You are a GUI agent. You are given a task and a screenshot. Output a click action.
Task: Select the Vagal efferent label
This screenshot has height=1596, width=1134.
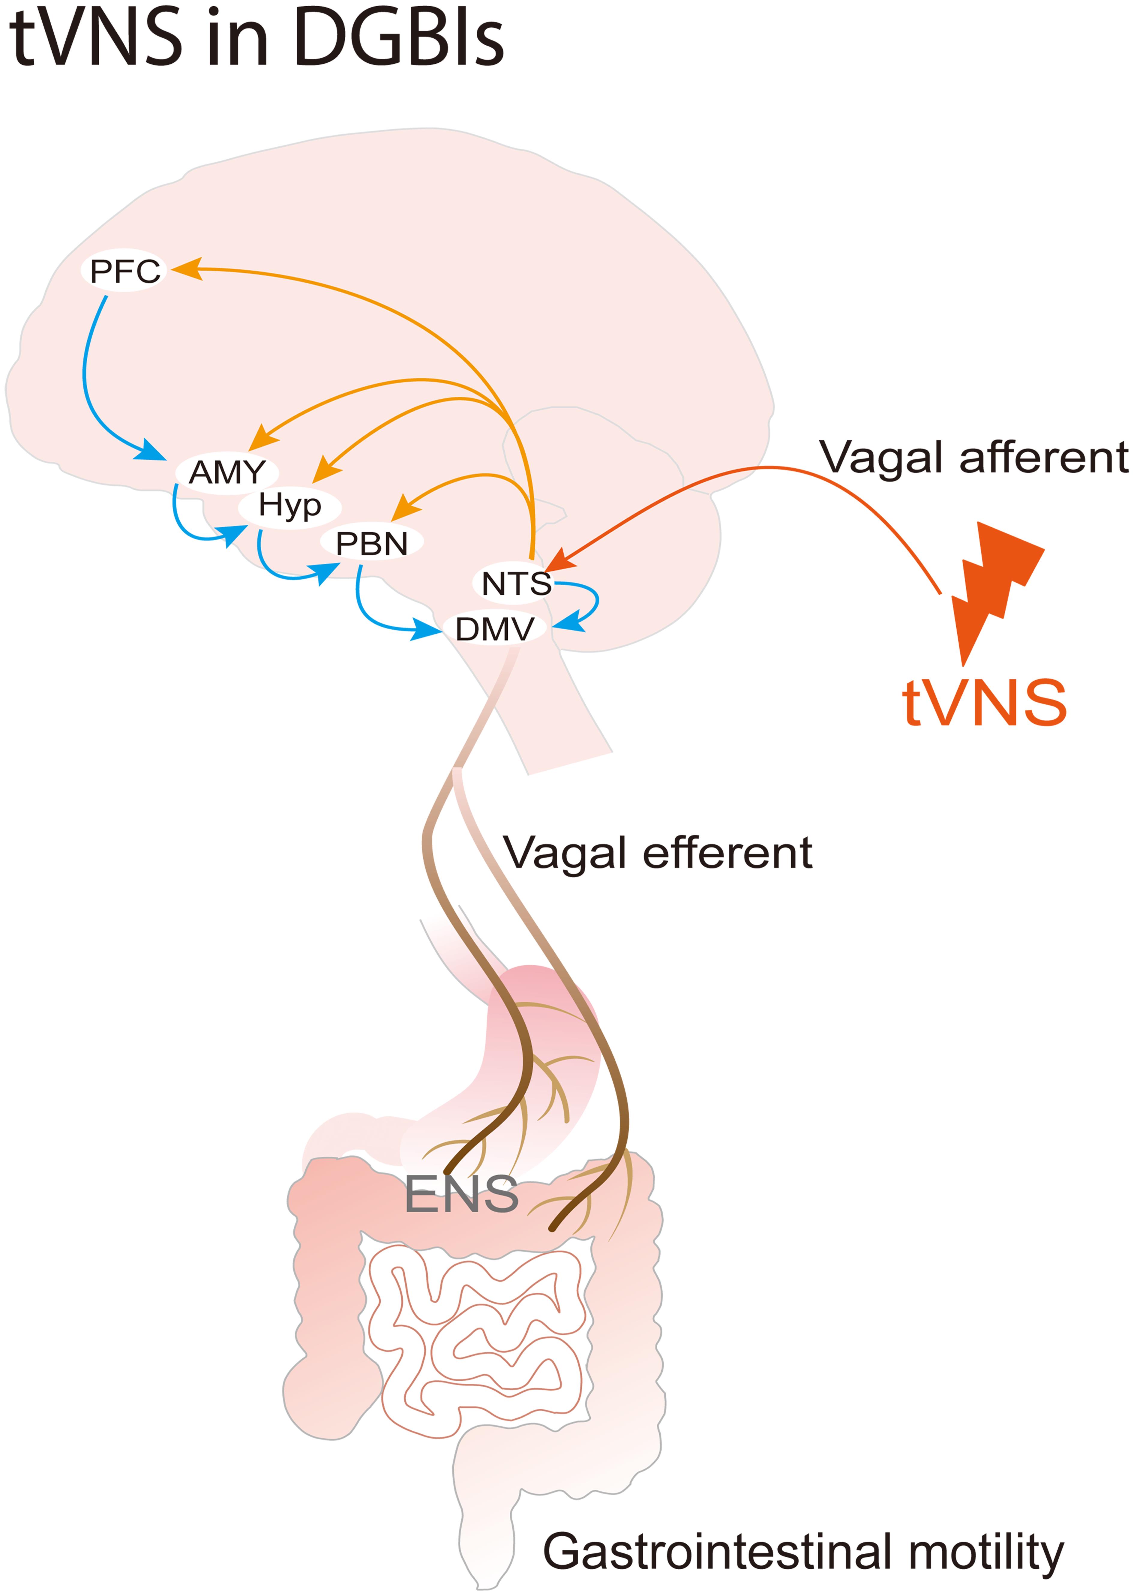coord(658,853)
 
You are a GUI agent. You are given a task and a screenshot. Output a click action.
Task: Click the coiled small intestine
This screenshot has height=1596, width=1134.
coord(475,1340)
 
